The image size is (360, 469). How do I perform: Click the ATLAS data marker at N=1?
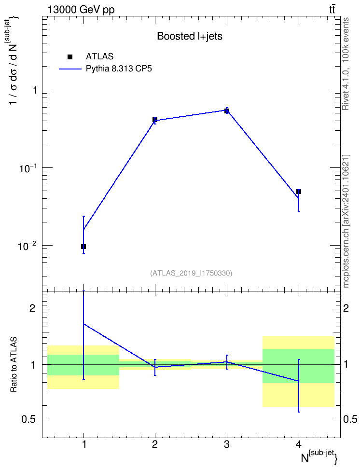(83, 247)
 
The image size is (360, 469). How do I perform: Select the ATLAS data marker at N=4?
(299, 192)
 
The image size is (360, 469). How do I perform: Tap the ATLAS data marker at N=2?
(155, 119)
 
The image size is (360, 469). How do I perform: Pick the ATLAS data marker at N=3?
(227, 111)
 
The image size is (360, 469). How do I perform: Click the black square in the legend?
(70, 57)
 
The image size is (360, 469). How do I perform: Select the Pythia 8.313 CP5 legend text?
(119, 69)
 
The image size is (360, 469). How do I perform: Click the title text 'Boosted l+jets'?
(190, 36)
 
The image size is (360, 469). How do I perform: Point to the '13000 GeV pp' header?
(81, 10)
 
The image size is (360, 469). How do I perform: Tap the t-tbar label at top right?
(332, 10)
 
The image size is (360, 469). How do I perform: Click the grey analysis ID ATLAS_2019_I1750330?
(191, 273)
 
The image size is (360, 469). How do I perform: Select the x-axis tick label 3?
(227, 444)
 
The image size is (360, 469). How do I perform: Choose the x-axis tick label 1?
(84, 444)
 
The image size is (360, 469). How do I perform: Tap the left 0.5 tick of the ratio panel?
(29, 419)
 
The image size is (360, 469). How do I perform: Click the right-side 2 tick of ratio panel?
(346, 308)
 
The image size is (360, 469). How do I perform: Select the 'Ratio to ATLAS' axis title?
(14, 364)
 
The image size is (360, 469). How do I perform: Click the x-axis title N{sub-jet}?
(319, 457)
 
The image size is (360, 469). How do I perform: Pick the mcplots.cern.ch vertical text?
(346, 221)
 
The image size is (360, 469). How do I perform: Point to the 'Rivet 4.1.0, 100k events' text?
(346, 64)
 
